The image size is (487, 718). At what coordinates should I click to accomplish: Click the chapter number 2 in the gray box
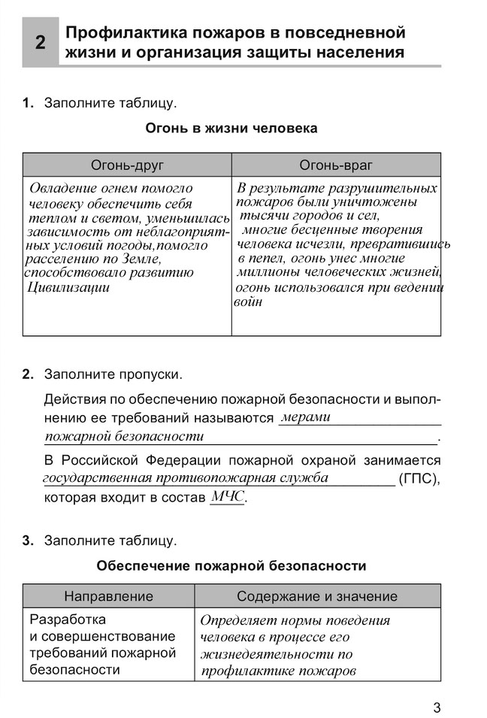click(41, 43)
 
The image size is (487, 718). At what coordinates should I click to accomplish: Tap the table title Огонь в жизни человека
click(231, 129)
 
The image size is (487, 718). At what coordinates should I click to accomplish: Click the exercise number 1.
click(28, 102)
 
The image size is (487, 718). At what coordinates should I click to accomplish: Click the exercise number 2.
click(28, 374)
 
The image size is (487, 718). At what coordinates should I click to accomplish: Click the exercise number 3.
click(28, 541)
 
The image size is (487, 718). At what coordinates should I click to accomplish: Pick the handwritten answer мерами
click(305, 417)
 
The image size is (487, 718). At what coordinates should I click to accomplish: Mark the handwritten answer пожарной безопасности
click(124, 436)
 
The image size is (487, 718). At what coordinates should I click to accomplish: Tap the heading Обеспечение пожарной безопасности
click(231, 565)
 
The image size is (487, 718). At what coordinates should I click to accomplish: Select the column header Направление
click(108, 596)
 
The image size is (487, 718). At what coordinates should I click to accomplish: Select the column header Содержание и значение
click(317, 596)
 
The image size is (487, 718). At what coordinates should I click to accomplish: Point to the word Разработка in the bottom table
click(67, 620)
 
